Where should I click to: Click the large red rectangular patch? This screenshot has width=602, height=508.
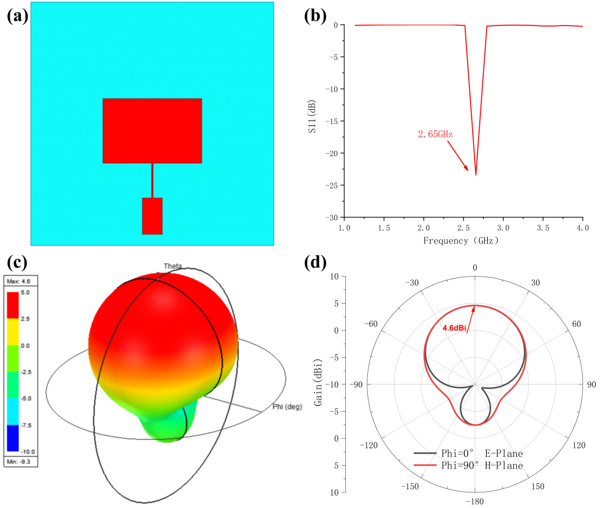click(152, 130)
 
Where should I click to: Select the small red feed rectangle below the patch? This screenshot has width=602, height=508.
click(152, 216)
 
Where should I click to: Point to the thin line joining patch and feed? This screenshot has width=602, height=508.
click(152, 180)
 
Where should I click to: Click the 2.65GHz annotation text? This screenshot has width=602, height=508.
click(435, 134)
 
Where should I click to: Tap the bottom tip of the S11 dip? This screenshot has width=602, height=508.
click(476, 175)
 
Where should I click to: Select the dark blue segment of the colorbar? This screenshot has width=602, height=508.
click(20, 438)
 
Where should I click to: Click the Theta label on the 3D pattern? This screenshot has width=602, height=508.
click(172, 266)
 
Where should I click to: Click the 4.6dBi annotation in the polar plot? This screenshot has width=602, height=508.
click(455, 328)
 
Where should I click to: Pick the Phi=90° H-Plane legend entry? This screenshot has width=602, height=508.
click(469, 466)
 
